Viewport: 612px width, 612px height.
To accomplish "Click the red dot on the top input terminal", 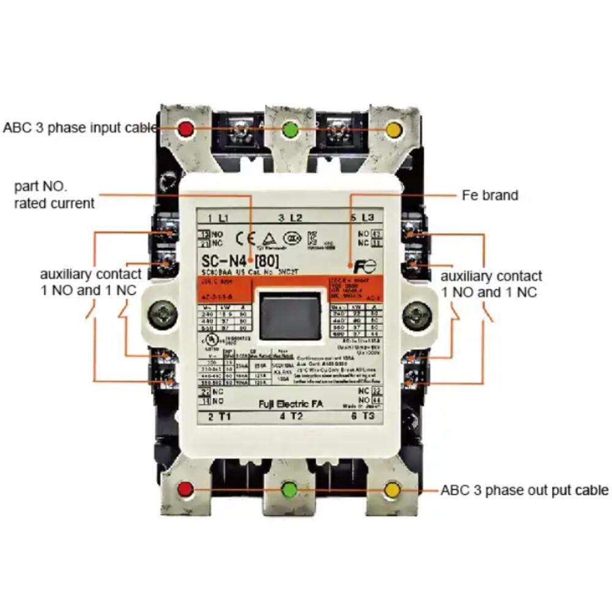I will point(185,129).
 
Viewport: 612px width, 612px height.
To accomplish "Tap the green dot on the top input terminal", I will point(290,130).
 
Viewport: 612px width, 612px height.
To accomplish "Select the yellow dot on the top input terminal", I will point(394,130).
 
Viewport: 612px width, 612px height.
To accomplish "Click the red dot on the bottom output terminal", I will point(185,489).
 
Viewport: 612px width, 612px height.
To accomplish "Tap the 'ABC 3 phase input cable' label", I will point(80,128).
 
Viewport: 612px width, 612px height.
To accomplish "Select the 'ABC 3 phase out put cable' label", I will point(524,490).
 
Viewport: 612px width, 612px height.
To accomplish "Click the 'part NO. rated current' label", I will point(54,195).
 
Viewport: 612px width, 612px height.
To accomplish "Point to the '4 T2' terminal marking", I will point(291,417).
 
